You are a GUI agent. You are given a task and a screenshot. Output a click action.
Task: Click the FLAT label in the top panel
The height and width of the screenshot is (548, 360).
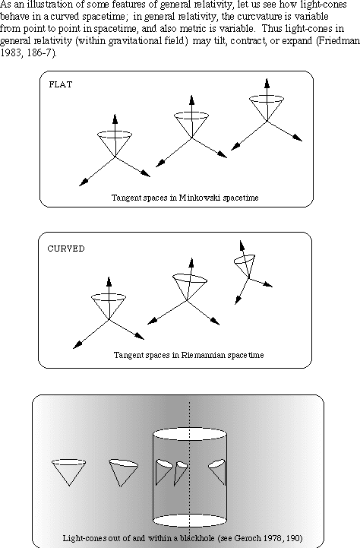point(61,84)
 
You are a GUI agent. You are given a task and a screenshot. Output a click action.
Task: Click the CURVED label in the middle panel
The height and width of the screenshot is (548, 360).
point(66,249)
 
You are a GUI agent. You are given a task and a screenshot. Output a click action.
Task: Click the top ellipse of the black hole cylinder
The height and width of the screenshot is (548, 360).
point(190,433)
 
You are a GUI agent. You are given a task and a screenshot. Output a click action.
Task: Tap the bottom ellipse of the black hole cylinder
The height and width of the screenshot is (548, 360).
point(190,520)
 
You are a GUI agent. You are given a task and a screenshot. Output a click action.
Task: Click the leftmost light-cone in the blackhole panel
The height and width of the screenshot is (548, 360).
point(69,473)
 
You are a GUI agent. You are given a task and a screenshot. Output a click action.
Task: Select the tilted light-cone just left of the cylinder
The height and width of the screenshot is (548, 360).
point(123,473)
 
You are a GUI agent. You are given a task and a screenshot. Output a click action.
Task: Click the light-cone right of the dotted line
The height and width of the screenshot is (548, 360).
point(217,472)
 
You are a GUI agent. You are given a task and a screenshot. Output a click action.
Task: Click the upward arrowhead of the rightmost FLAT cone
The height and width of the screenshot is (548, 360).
point(267,84)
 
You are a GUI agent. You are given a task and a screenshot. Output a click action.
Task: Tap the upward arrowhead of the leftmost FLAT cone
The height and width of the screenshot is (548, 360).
point(115,119)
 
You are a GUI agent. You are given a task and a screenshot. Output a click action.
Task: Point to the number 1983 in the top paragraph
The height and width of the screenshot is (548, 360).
point(10,53)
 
